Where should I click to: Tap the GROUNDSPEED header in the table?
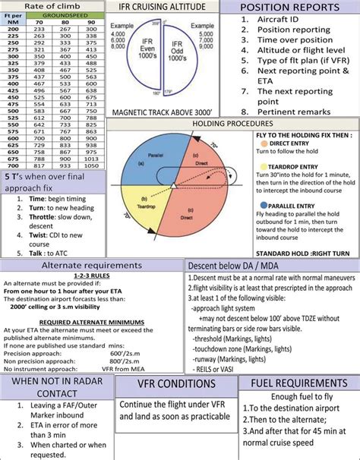click(x=69, y=14)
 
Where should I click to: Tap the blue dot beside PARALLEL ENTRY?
click(x=262, y=205)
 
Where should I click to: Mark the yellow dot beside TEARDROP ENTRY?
click(x=262, y=165)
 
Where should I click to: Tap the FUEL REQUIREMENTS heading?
click(x=298, y=383)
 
